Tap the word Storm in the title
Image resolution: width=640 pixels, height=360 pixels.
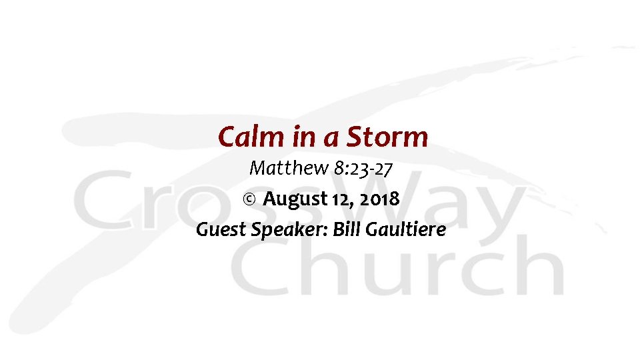387,137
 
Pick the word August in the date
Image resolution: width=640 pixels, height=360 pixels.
294,199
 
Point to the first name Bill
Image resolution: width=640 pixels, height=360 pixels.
346,230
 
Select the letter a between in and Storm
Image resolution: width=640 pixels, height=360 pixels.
331,139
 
